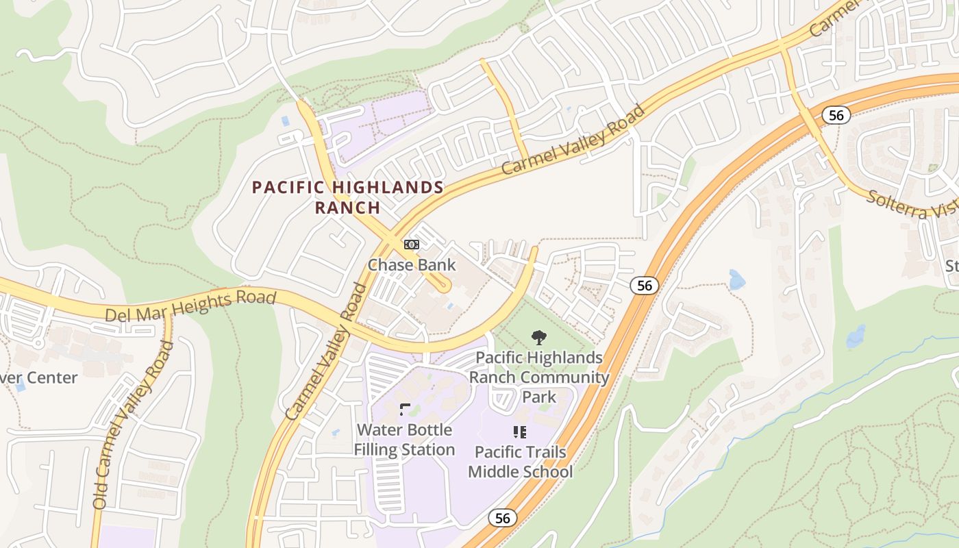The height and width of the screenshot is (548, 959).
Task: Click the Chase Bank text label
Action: [412, 264]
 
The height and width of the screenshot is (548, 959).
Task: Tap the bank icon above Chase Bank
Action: [411, 244]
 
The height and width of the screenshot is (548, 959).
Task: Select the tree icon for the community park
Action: [539, 337]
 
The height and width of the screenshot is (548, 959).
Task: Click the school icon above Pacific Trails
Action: [520, 432]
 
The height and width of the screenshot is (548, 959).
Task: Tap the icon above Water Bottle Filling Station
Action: [405, 410]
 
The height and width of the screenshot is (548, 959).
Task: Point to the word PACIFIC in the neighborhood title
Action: [290, 187]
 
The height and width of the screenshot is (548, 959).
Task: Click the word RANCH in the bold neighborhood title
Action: [347, 208]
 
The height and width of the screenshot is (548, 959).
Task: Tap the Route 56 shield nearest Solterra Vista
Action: [836, 115]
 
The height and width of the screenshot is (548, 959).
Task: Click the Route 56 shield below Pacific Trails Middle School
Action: [503, 518]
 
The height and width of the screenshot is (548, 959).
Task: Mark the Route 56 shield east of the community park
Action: [645, 285]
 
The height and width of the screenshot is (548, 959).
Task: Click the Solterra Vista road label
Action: [911, 203]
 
